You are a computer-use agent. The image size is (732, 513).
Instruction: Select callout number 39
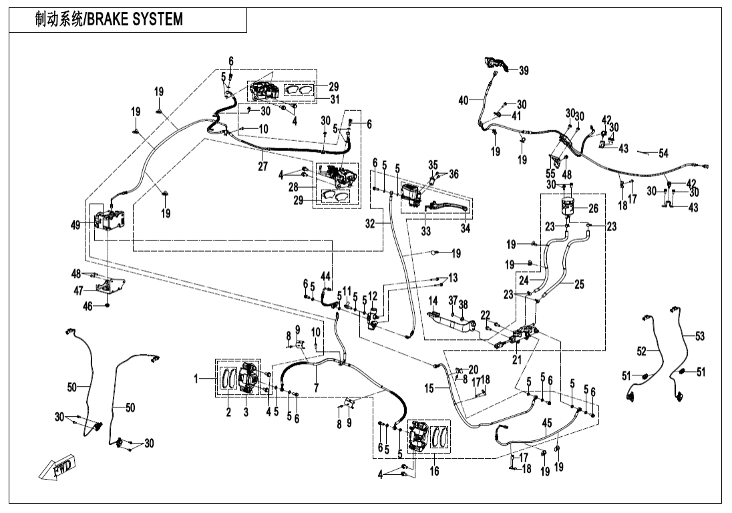(x=523, y=70)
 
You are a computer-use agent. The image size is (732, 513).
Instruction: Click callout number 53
(x=699, y=336)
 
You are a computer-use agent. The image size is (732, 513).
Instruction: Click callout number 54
(x=663, y=154)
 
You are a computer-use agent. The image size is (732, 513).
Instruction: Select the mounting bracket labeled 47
(x=110, y=287)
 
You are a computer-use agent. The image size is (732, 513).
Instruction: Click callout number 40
(x=464, y=100)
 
